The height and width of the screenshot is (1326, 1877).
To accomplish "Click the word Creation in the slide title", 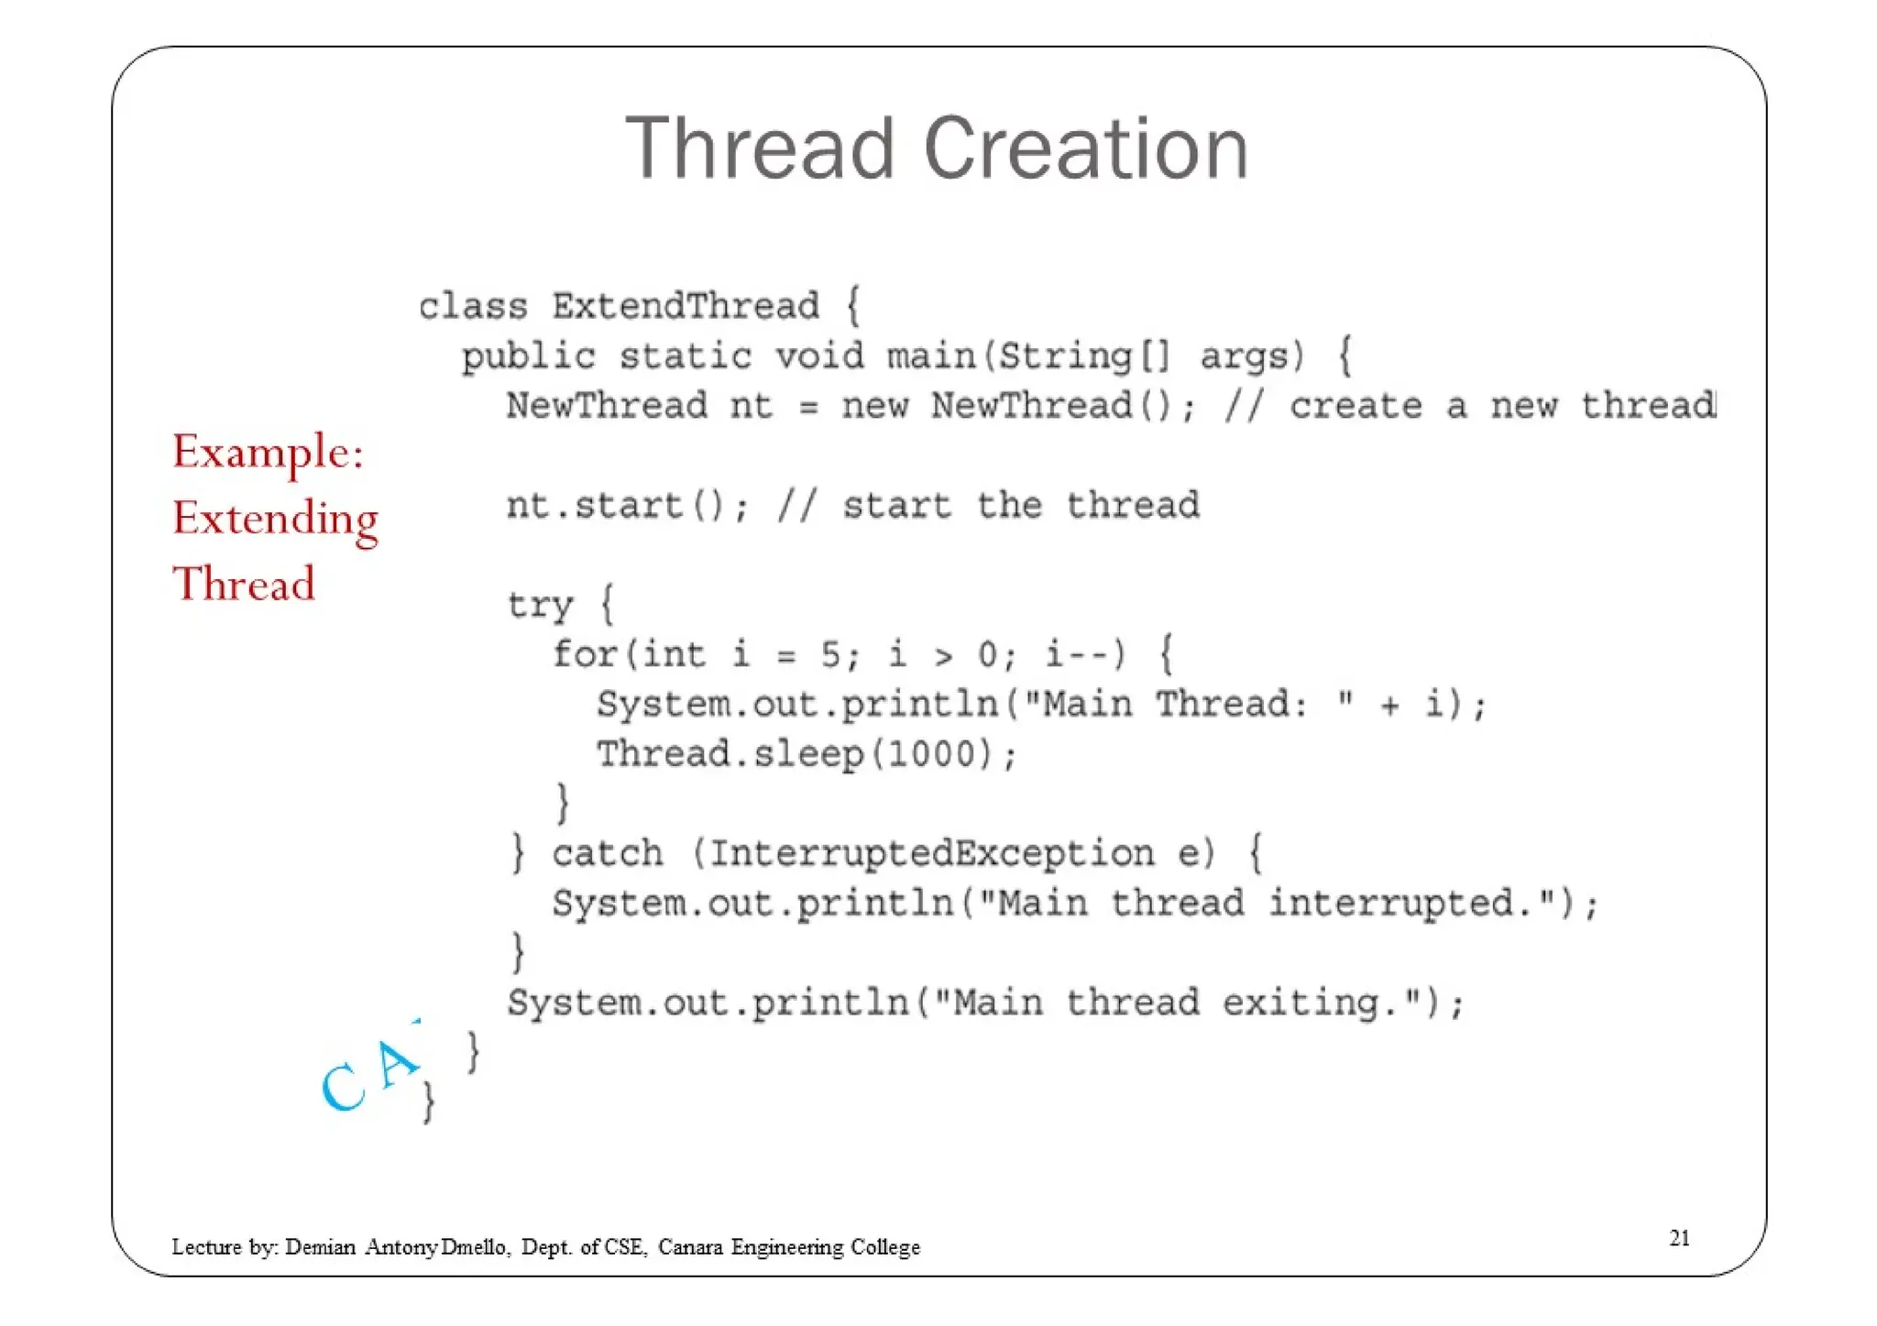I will (x=1085, y=148).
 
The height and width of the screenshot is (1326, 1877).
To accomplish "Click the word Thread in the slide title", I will (x=760, y=148).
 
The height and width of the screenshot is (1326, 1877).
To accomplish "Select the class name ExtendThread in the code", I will (x=685, y=306).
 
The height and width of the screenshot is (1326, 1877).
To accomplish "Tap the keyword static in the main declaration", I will (x=685, y=356).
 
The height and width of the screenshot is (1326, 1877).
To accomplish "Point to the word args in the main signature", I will (x=1251, y=356).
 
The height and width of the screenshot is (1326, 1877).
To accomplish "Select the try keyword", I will (x=540, y=605).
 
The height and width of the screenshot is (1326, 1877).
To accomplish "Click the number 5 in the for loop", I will (x=830, y=654).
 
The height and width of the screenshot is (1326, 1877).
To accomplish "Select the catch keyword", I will (x=607, y=854).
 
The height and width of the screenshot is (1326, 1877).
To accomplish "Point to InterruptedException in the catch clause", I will (x=931, y=854).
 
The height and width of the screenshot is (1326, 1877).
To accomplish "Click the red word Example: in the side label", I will (x=269, y=452).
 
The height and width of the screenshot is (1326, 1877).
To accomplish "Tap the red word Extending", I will (x=275, y=519).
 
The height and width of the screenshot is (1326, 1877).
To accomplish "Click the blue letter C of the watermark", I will (x=344, y=1088).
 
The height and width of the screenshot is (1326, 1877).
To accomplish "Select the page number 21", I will (x=1679, y=1238).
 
